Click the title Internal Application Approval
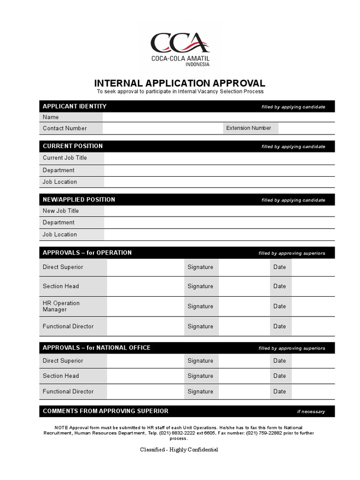[x=180, y=83]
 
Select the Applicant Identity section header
[x=75, y=106]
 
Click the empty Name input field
[x=218, y=117]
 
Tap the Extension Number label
[x=248, y=128]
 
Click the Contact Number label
[x=65, y=128]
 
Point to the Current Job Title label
[x=65, y=158]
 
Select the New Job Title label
[x=61, y=211]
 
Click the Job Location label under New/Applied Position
[x=60, y=234]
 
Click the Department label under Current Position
[x=59, y=171]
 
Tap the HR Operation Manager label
[x=61, y=306]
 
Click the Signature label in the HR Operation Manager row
[x=200, y=306]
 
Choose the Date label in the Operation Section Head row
[x=279, y=286]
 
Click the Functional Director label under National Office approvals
[x=68, y=391]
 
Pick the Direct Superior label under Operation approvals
[x=63, y=267]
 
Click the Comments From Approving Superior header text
[x=105, y=411]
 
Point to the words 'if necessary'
[x=311, y=412]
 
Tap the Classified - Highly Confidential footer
[x=179, y=450]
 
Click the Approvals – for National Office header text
[x=97, y=348]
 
